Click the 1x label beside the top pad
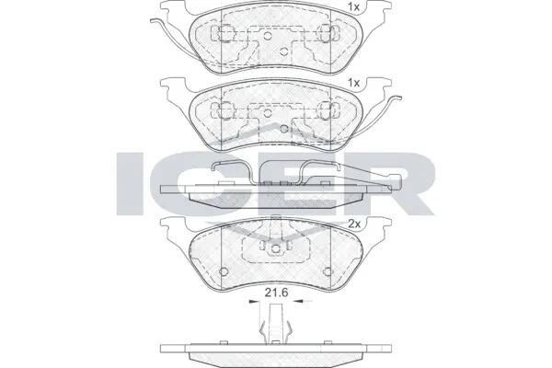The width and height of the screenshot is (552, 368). tap(353, 6)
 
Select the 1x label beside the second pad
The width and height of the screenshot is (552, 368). tap(353, 83)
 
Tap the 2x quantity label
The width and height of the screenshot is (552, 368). tap(354, 224)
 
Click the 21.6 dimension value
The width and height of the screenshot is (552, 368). tap(276, 292)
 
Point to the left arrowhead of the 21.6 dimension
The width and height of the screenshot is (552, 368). tap(253, 301)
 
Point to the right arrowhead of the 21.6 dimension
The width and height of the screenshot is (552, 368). tap(298, 301)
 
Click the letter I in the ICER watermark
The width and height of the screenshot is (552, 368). tap(130, 183)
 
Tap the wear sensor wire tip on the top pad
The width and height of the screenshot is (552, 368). tap(153, 20)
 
